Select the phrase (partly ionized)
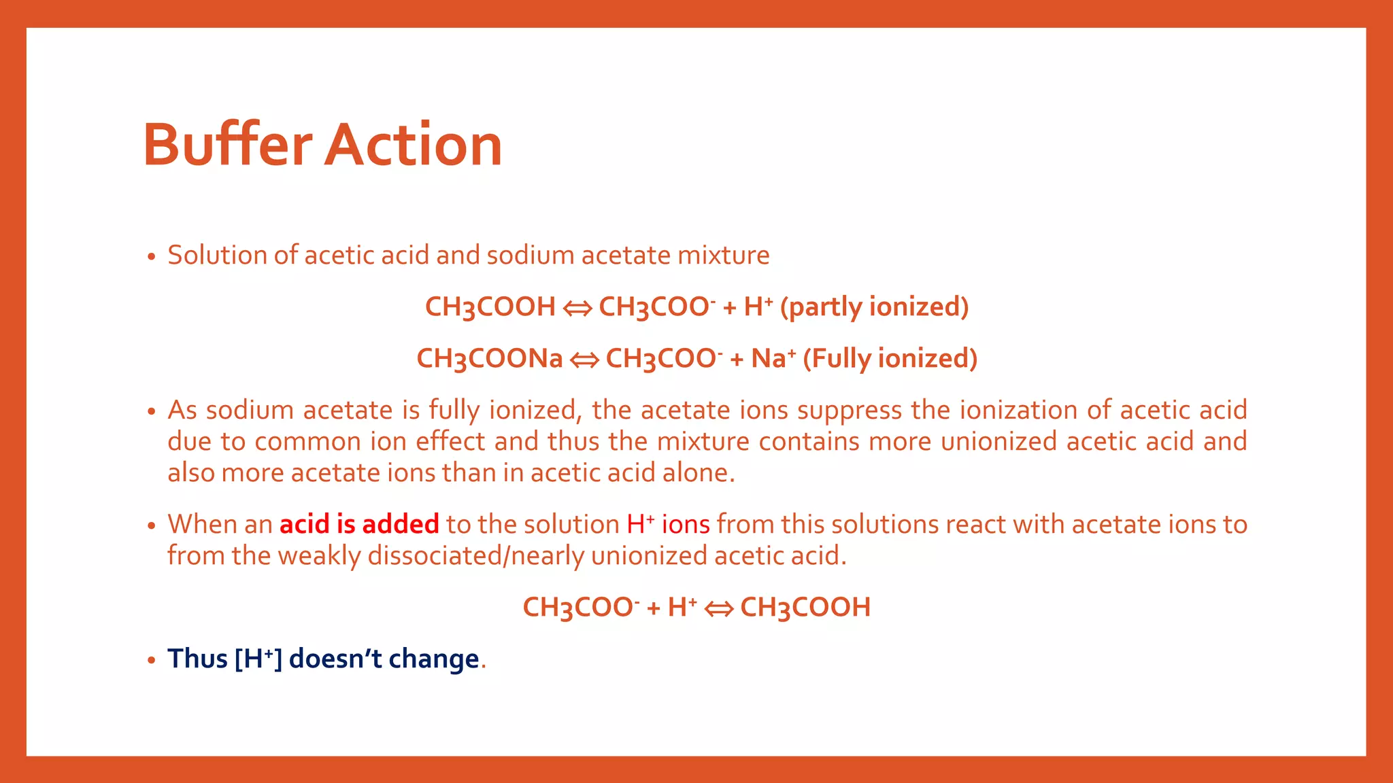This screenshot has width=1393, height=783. (874, 307)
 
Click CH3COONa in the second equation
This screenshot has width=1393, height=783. (490, 358)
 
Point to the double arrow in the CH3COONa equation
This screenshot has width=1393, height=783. (584, 360)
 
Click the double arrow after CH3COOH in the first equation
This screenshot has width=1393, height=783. (577, 308)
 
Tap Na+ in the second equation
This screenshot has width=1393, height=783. (773, 358)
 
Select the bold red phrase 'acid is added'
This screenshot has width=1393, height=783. (359, 524)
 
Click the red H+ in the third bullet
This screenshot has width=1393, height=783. (640, 524)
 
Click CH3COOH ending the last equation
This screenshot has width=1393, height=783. (805, 607)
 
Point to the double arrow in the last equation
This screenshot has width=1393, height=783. (718, 608)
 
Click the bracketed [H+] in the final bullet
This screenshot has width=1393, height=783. (258, 659)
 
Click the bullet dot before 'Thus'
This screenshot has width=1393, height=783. (151, 660)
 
